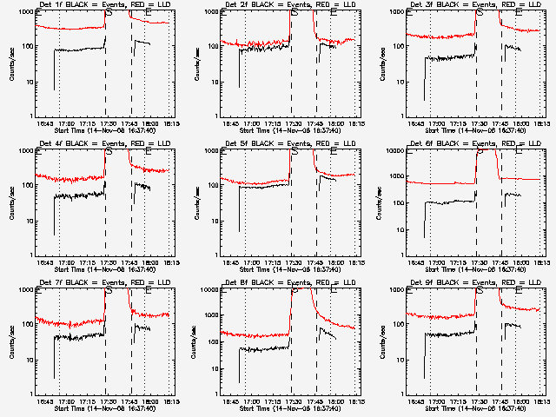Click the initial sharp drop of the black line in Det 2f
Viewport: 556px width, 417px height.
coord(240,69)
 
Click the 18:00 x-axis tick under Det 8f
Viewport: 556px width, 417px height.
coord(334,403)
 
